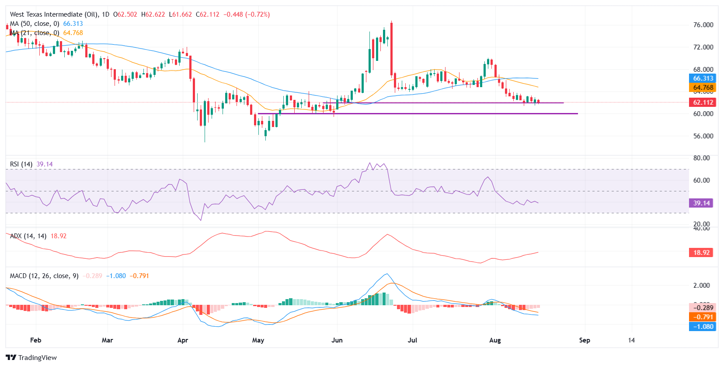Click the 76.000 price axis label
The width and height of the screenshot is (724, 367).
703,25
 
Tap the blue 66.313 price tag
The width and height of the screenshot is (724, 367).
703,78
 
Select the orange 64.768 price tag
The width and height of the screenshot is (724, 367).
703,88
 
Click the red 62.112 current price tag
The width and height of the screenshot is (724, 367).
703,102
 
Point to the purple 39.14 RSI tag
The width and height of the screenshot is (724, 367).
701,203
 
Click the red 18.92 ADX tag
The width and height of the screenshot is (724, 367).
701,253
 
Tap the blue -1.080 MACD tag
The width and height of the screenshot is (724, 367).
703,327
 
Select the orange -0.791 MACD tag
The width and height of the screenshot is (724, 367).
703,317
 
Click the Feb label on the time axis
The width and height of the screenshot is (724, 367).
36,340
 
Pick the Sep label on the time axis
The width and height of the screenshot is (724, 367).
585,340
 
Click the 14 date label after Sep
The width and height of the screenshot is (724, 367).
631,340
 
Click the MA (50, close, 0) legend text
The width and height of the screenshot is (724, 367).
35,24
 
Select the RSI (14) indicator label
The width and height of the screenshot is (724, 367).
21,164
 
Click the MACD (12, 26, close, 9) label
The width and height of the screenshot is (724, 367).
44,276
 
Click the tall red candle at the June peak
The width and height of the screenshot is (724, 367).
392,48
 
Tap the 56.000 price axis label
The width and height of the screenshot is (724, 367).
703,136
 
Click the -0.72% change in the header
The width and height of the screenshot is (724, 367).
258,14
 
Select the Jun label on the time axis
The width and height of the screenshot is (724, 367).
337,340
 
